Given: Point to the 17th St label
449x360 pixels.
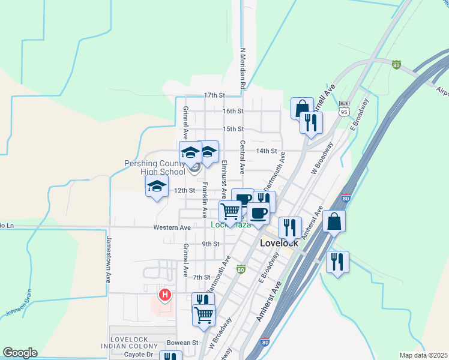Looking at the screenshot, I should point(214,95).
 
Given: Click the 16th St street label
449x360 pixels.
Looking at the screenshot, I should point(233,112).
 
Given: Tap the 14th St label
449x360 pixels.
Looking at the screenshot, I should point(267,151).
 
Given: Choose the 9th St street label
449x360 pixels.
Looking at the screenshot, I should point(211,244).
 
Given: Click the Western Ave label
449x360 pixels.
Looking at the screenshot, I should point(172,228).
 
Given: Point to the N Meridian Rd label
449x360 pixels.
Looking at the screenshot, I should point(243,69).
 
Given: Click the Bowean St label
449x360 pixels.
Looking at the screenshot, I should point(182,343).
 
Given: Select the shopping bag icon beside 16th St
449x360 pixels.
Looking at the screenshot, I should point(302,108).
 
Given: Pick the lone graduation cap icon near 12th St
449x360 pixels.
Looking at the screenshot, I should point(157,187).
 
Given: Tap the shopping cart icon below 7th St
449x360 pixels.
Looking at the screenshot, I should point(204,314).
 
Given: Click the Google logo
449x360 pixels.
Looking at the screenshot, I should point(20,353).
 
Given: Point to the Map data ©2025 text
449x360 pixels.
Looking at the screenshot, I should point(423,355).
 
